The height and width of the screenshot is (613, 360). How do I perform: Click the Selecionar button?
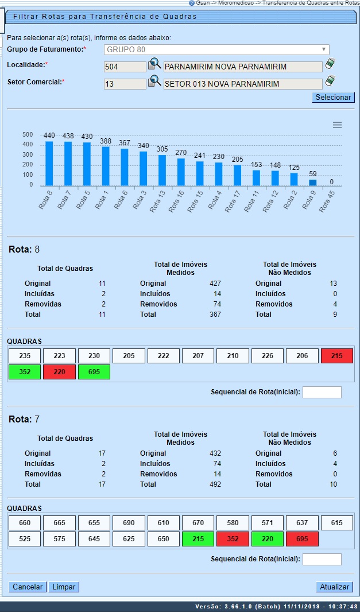point(334,97)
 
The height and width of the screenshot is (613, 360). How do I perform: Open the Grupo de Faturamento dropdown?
point(216,49)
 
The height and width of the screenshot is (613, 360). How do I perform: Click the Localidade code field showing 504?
point(125,67)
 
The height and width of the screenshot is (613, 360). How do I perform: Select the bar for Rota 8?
point(49,163)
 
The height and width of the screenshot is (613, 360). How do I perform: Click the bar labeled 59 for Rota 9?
point(312,183)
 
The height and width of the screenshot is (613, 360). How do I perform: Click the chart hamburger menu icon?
point(338,125)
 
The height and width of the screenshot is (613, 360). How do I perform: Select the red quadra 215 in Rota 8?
point(337,356)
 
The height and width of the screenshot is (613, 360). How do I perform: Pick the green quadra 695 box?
point(94,372)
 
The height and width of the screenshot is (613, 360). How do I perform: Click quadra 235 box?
point(25,356)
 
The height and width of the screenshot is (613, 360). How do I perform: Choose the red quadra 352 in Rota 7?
point(233,540)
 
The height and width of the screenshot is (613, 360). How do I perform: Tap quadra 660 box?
point(25,523)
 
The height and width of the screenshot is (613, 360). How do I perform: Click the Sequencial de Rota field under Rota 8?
point(322,392)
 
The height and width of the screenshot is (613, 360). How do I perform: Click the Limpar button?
point(64,587)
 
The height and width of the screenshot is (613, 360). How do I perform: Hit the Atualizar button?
point(334,587)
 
